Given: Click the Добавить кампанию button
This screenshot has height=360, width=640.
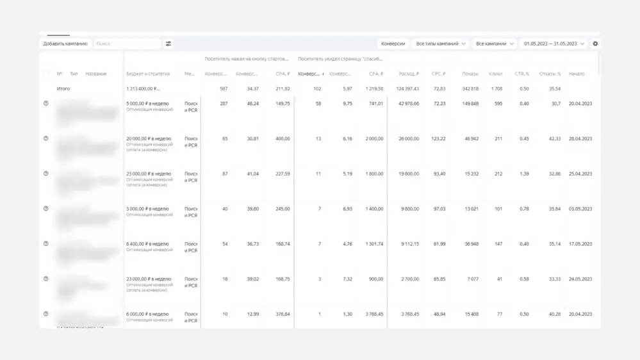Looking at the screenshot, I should pos(65,44).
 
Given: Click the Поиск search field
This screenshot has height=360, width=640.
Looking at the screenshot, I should pos(127,44).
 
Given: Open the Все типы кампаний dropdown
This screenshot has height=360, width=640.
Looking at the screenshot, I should pos(441,44).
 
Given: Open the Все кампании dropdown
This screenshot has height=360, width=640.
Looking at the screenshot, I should pos(495,44).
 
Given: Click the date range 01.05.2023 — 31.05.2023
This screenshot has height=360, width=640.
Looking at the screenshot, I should pos(554,44).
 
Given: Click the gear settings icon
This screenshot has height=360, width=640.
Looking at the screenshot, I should pos(595,44).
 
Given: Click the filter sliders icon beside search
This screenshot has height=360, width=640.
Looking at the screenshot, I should pos(168,44).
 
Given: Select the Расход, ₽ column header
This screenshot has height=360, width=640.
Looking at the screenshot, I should pos(408,74).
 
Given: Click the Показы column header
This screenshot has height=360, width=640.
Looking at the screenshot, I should pos(470,74).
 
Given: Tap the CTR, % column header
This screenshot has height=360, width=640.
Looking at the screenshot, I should pos(521,74).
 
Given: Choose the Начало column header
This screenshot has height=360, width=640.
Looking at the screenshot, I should pos(577,74).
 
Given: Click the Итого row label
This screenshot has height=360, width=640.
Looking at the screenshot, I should pos(63,88).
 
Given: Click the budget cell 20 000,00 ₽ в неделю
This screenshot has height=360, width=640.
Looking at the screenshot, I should pos(149,138).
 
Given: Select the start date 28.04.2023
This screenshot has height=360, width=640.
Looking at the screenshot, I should pos(580,138).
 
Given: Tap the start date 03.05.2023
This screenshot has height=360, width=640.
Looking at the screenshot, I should pos(580,209).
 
